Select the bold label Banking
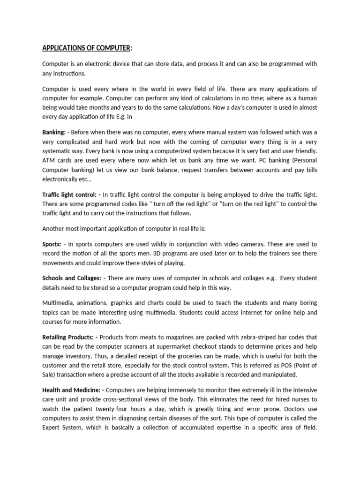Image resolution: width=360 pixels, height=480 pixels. [53, 133]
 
